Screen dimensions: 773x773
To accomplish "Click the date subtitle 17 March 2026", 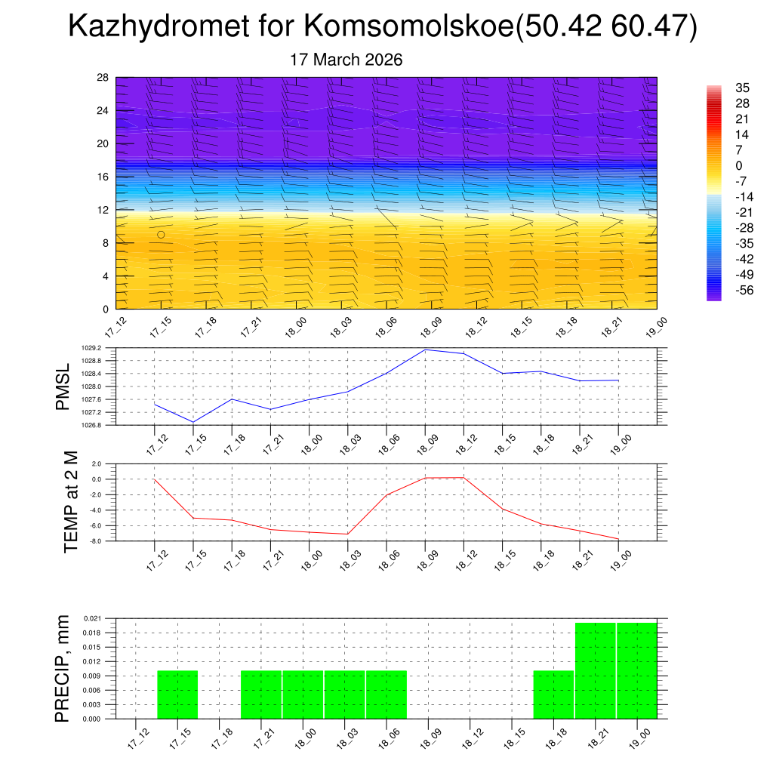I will (346, 60).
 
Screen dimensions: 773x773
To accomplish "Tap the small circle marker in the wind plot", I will (161, 235).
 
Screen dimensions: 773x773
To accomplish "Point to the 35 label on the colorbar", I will (742, 88).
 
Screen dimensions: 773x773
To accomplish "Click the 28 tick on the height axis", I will (103, 78).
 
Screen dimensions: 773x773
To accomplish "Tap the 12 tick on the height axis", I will (103, 210).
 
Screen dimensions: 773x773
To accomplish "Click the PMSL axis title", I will (63, 386).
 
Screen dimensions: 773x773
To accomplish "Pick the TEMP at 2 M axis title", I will (71, 501).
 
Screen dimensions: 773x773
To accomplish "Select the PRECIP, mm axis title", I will (63, 668).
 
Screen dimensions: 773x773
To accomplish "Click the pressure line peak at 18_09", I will (425, 350).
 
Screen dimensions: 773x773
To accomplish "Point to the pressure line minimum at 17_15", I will (193, 422).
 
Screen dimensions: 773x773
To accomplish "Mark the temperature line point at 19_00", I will (619, 539).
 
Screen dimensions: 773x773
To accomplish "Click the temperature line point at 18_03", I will (347, 534).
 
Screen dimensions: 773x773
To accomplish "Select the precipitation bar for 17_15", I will (177, 694).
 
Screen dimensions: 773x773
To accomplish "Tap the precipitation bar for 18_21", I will (596, 670).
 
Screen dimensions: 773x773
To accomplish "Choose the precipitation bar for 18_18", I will (553, 694).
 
